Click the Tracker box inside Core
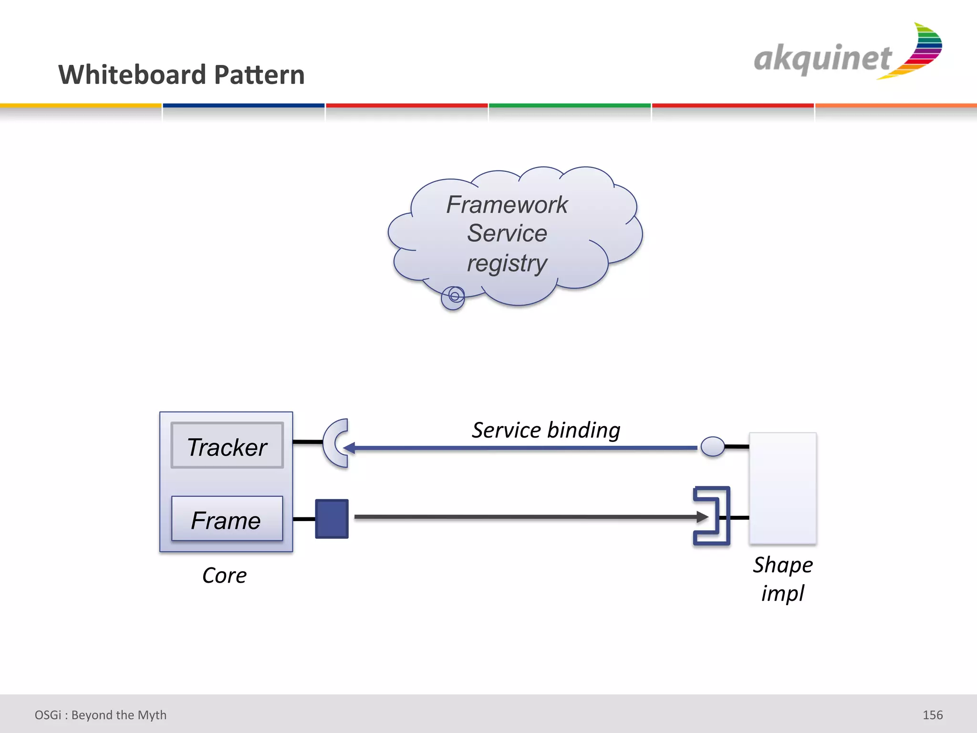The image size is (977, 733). pyautogui.click(x=227, y=446)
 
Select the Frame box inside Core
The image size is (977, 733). pyautogui.click(x=227, y=519)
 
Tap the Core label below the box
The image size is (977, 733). pyautogui.click(x=224, y=576)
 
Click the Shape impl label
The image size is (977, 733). pyautogui.click(x=783, y=579)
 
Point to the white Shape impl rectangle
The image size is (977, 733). pyautogui.click(x=783, y=488)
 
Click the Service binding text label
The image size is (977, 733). pyautogui.click(x=546, y=430)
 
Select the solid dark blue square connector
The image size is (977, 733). pyautogui.click(x=332, y=519)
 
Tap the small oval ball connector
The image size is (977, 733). pyautogui.click(x=713, y=447)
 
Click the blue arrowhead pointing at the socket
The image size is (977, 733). pyautogui.click(x=350, y=448)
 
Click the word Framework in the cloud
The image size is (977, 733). pyautogui.click(x=507, y=205)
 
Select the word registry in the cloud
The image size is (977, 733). pyautogui.click(x=507, y=263)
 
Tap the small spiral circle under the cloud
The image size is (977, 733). pyautogui.click(x=453, y=297)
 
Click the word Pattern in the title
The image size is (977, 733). pyautogui.click(x=259, y=75)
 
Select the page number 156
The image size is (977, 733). pyautogui.click(x=932, y=715)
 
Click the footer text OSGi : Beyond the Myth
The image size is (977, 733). pyautogui.click(x=101, y=715)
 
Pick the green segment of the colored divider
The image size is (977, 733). pyautogui.click(x=570, y=105)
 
